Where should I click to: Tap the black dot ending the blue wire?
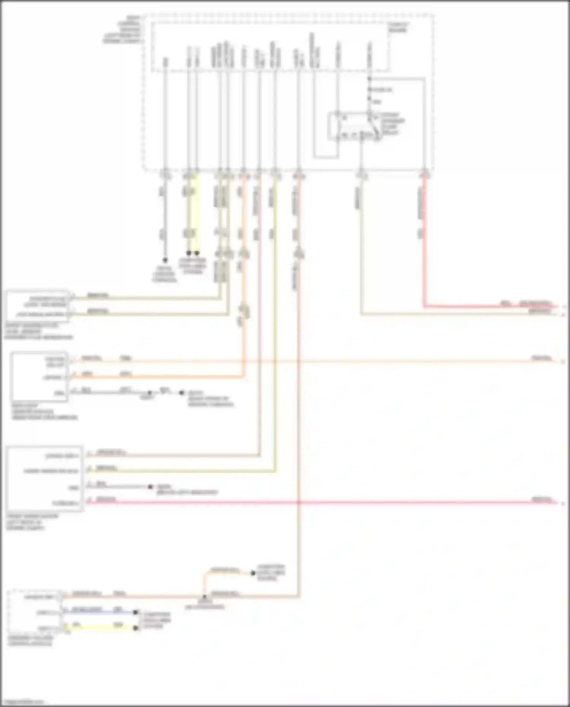coord(136,612)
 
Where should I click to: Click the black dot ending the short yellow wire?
coord(136,628)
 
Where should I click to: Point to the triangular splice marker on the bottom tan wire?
coord(204,598)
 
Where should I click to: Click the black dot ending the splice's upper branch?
coord(253,573)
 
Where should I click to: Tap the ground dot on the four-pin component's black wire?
coord(150,487)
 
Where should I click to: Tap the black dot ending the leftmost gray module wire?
coord(165,260)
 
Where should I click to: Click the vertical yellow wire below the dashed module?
coord(196,213)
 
